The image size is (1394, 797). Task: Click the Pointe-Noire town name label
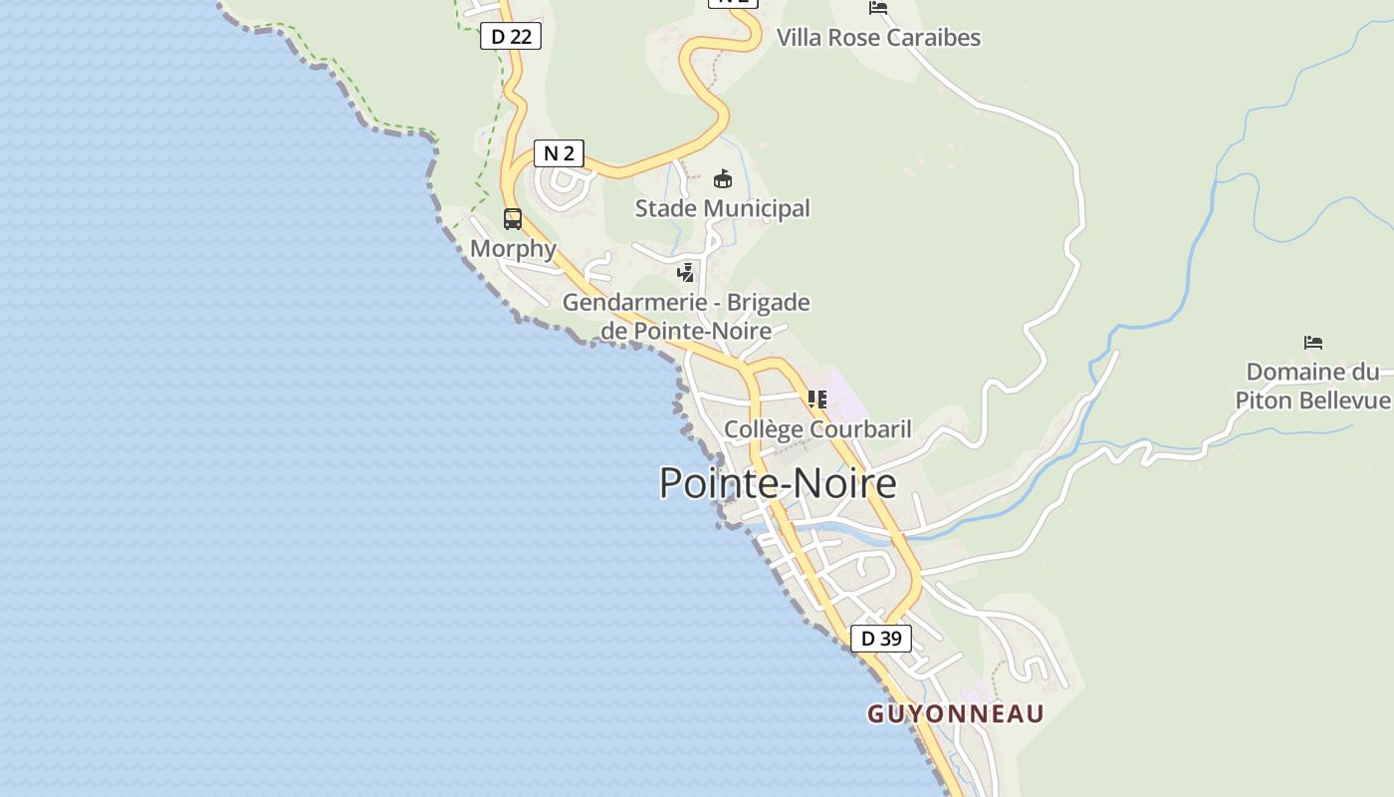tap(778, 483)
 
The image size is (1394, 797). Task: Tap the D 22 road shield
tap(511, 37)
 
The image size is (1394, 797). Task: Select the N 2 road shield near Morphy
tap(559, 153)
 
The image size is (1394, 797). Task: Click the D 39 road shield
tap(880, 639)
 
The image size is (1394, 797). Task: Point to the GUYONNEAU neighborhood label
tap(955, 714)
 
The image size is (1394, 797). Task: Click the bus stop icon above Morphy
tap(513, 219)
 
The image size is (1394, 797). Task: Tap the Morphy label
tap(513, 248)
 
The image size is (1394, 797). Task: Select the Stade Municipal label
tap(723, 208)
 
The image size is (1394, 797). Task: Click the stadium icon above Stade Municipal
tap(723, 179)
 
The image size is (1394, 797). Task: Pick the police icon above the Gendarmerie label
tap(685, 272)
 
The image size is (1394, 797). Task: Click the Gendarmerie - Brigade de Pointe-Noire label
tap(686, 316)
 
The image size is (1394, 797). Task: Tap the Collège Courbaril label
tap(817, 429)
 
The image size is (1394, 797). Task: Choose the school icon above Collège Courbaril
tap(817, 399)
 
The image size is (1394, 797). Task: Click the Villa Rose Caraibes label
tap(878, 38)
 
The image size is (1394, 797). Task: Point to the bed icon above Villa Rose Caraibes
tap(877, 8)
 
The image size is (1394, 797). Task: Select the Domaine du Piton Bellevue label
tap(1312, 387)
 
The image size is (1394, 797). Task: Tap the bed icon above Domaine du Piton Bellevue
tap(1313, 343)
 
